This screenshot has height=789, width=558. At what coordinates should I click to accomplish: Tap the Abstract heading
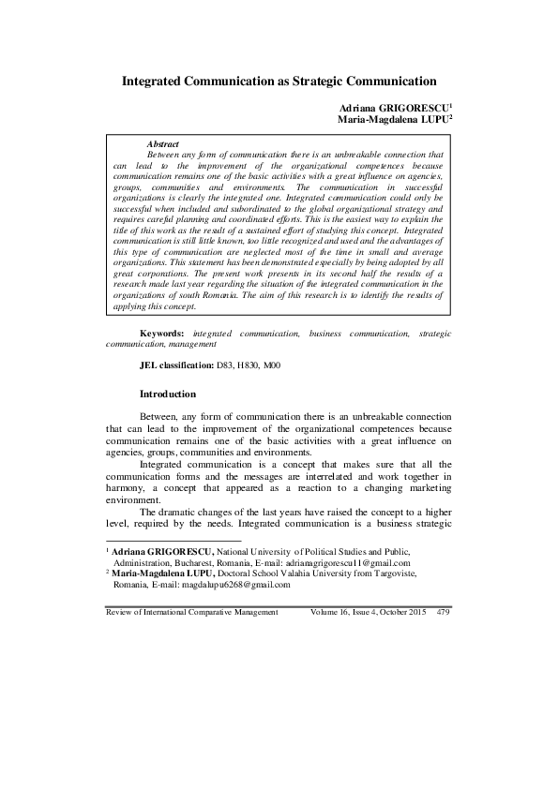164,143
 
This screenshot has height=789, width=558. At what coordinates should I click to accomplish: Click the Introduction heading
168,394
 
